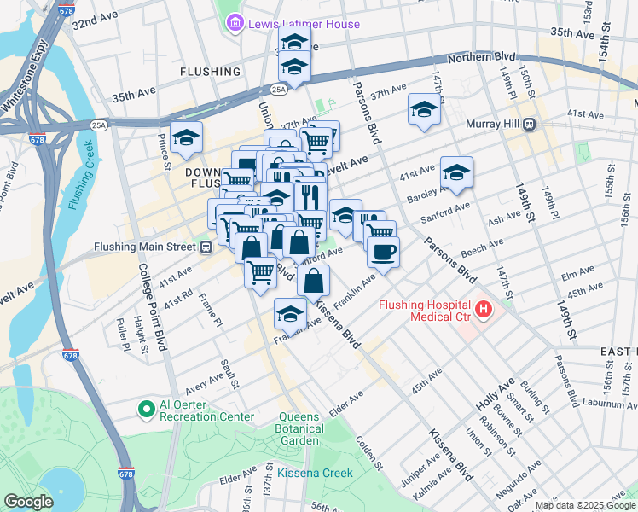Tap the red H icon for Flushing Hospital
484,308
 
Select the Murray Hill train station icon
530,124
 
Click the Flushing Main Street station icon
205,247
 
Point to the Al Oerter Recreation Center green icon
143,409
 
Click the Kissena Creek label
314,473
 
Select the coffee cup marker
383,252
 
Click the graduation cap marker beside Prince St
186,137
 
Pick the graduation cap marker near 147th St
424,109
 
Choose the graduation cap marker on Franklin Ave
290,313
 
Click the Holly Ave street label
507,392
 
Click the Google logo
28,502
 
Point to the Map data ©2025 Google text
584,505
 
